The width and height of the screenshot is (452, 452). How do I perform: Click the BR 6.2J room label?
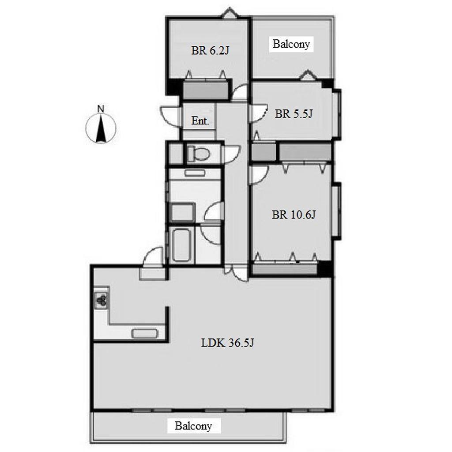pos(210,51)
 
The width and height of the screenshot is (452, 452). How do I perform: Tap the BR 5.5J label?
pos(294,114)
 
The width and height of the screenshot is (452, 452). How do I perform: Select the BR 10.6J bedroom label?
pos(294,215)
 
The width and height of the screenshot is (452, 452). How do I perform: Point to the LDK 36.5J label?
pos(227,343)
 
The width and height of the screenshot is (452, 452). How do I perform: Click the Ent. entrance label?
pos(200,121)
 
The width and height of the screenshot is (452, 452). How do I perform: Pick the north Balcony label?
pos(291,44)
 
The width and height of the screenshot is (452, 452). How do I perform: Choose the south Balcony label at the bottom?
pos(193,426)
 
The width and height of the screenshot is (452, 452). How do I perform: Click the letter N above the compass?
pos(101,109)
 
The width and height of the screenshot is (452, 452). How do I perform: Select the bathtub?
pos(181,245)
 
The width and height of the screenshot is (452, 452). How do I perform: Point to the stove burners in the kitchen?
pos(102,300)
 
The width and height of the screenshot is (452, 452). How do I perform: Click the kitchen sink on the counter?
pos(145,334)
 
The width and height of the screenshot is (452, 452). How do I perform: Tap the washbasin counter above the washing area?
pos(195,173)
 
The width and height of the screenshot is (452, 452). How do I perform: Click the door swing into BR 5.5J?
pos(259,113)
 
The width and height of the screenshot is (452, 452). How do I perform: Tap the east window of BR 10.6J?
pos(337,211)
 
